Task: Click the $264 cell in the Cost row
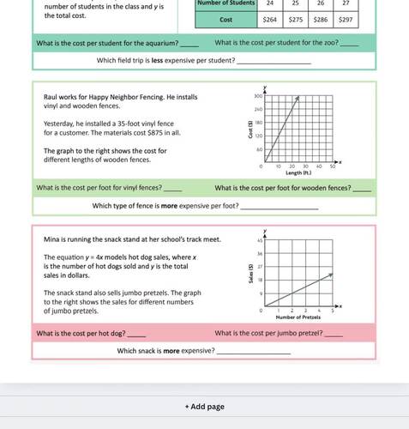268,18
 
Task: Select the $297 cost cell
345,18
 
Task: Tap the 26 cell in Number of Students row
320,3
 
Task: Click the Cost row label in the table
226,18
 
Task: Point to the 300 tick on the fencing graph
257,98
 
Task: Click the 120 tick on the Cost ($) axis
257,135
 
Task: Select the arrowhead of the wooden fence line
298,99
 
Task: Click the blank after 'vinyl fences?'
172,188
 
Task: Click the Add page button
204,406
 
